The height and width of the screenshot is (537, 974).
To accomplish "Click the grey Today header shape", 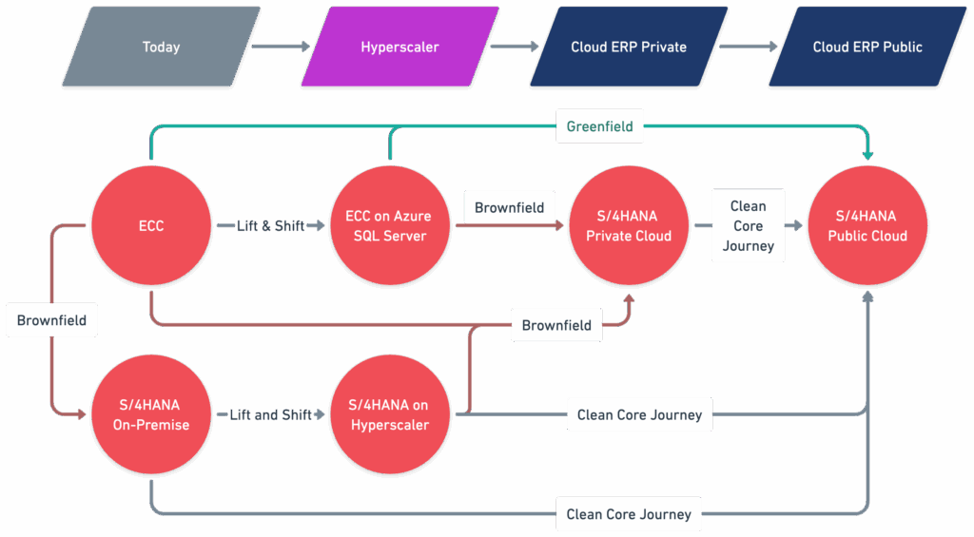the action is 162,47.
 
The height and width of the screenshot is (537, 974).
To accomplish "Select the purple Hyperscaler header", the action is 400,47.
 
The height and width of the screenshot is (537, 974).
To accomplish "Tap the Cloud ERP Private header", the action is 629,47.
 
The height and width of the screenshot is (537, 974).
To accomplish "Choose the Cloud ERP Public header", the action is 867,47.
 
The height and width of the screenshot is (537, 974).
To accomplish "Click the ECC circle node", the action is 151,225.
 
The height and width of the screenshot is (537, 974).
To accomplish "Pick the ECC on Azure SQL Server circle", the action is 389,225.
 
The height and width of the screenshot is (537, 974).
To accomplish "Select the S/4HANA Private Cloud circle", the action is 629,225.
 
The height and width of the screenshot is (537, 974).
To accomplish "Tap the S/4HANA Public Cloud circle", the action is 867,225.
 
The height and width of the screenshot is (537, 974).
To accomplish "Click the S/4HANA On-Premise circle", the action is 151,414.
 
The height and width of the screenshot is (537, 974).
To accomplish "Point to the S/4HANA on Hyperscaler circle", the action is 389,414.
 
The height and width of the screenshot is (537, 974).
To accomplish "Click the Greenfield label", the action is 599,126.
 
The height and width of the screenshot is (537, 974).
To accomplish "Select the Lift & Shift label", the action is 270,226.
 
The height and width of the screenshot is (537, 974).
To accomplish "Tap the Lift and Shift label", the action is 270,414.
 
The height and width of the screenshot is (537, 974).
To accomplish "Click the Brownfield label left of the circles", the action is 51,320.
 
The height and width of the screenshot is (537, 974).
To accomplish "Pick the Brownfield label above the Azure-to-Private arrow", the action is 510,207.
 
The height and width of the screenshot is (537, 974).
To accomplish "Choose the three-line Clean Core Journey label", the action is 748,225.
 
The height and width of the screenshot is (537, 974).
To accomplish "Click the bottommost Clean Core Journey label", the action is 629,514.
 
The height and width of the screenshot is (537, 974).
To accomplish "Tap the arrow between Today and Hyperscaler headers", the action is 281,47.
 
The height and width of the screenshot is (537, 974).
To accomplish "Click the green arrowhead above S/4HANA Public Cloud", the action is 867,154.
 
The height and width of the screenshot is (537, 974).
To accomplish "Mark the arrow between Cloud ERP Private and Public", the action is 749,47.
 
